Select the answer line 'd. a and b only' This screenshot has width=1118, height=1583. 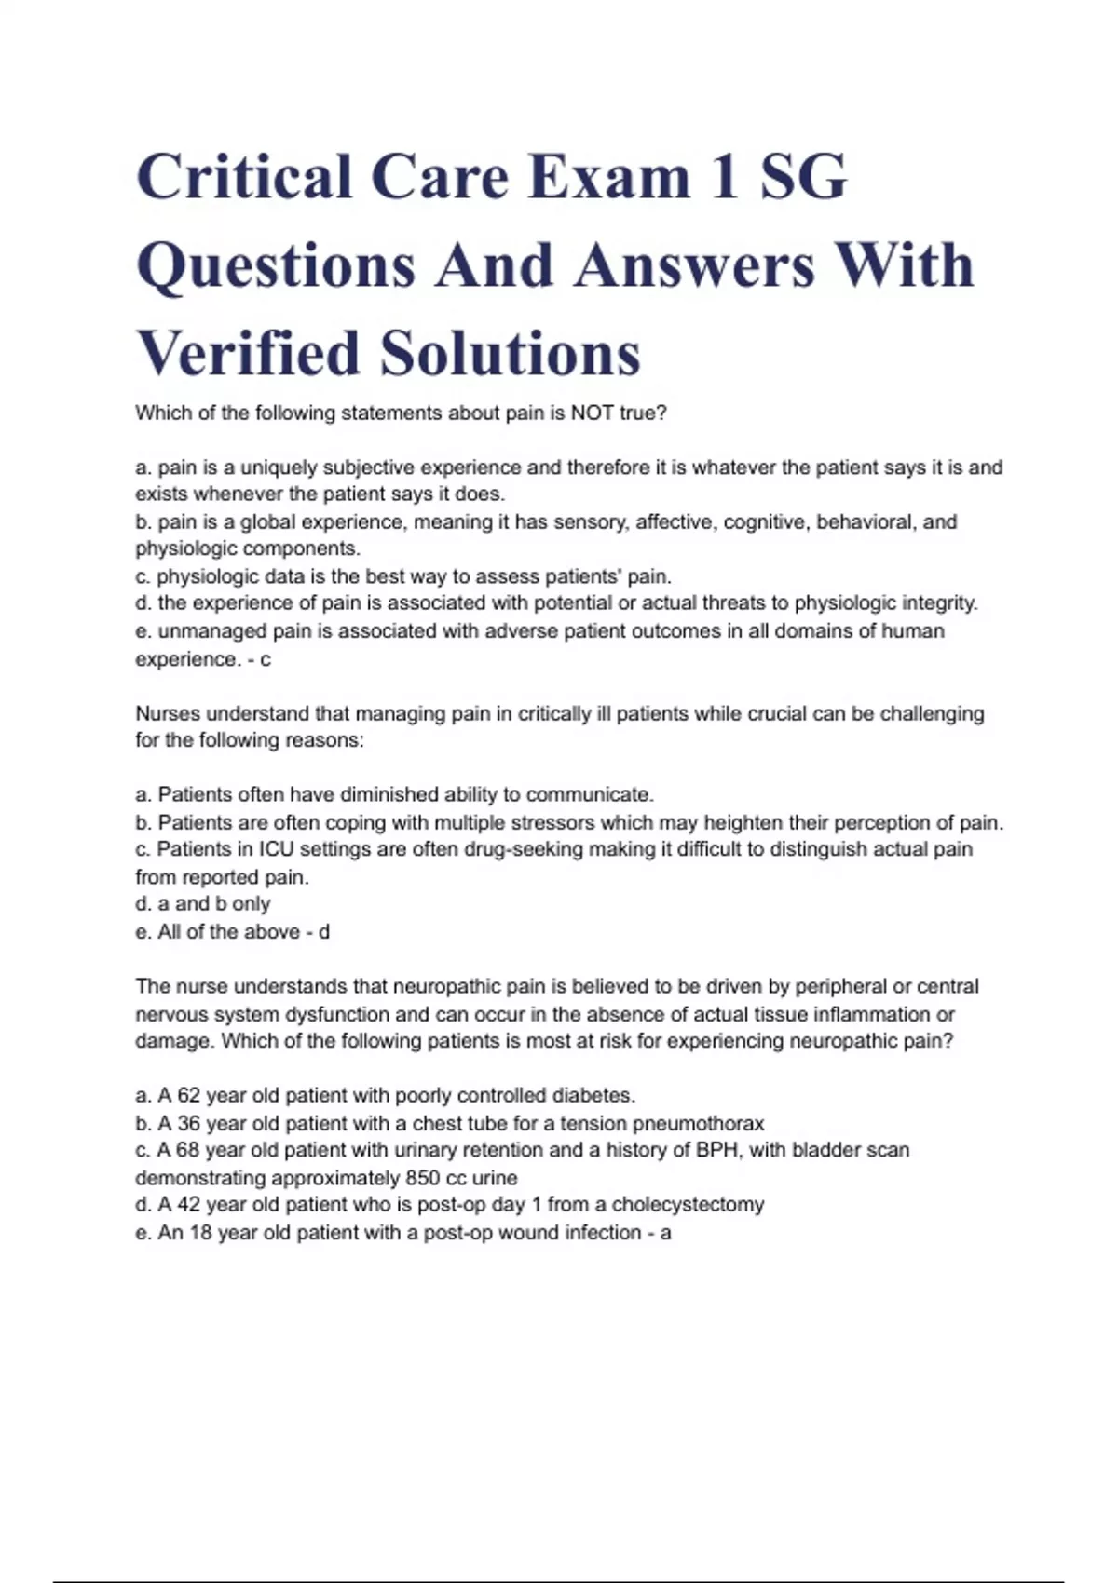203,904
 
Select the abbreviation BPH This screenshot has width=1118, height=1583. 718,1150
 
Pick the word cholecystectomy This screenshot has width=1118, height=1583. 688,1205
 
